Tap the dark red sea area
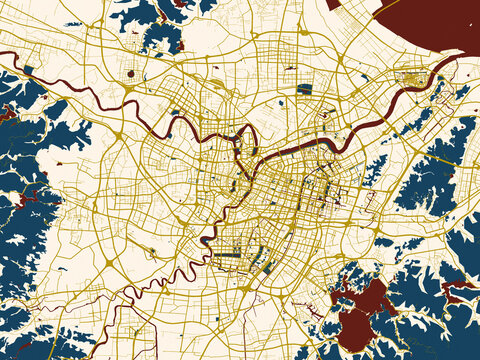point(430,25)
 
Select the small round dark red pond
point(131,73)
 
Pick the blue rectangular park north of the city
point(304,88)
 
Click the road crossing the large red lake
point(352,309)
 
